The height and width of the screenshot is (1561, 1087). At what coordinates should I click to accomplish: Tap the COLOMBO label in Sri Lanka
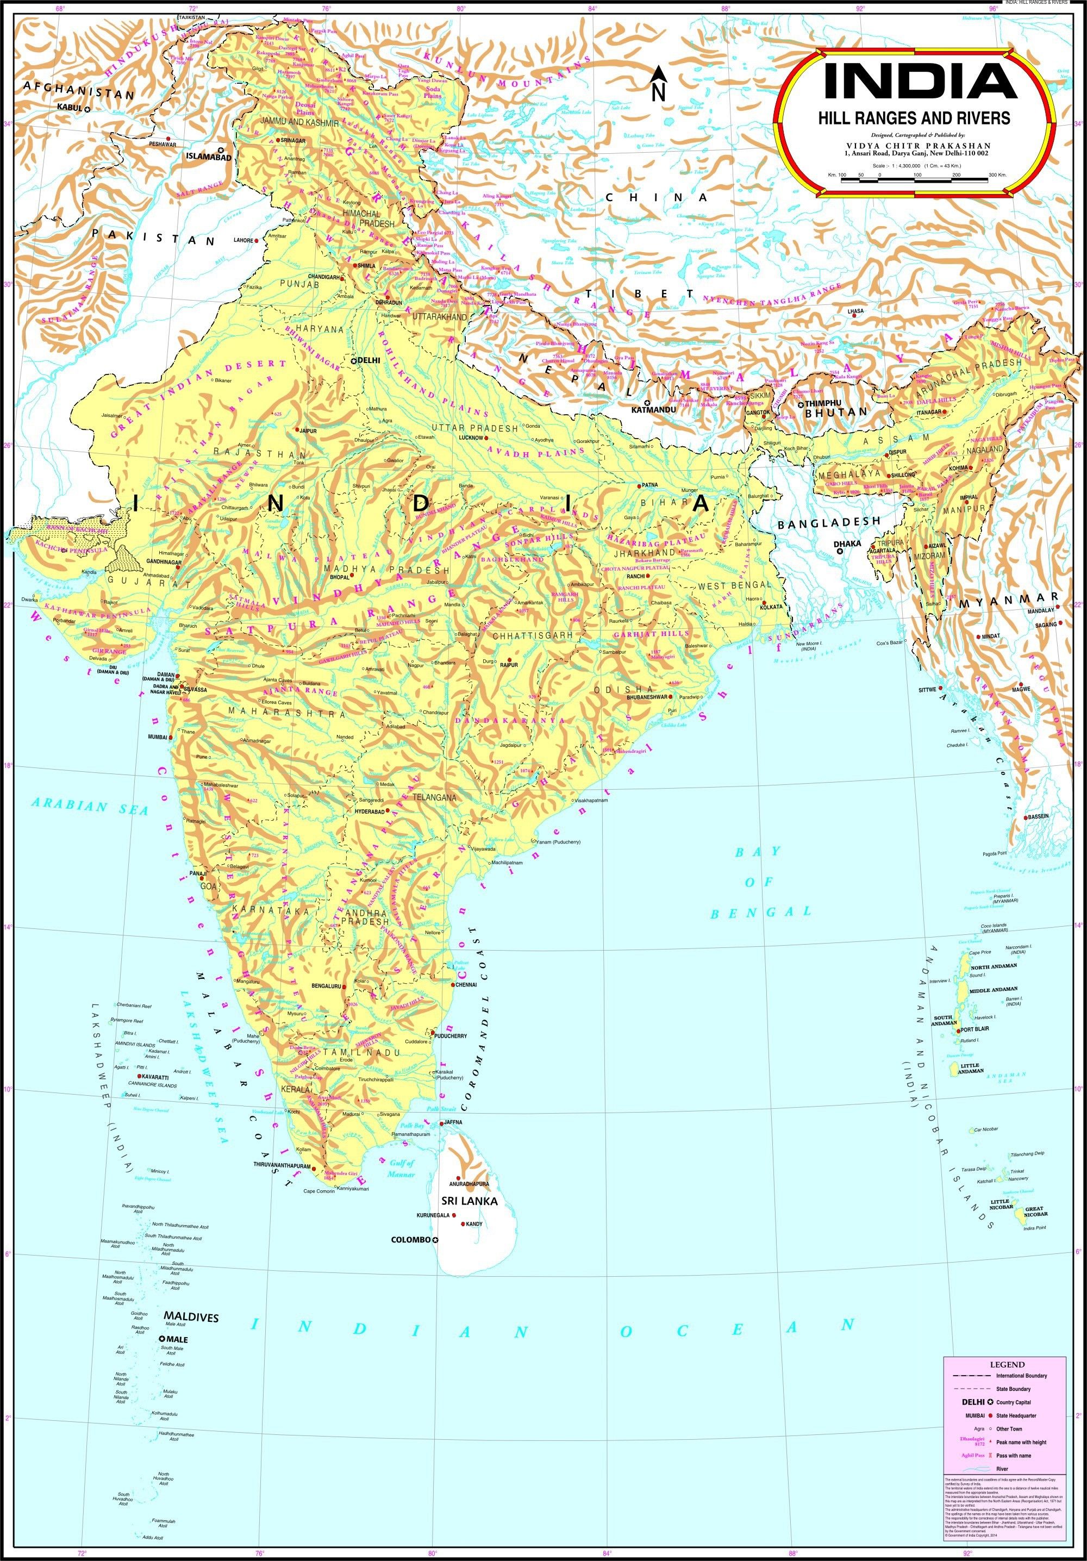pyautogui.click(x=410, y=1239)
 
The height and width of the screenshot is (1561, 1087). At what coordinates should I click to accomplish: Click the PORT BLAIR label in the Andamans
pyautogui.click(x=975, y=1029)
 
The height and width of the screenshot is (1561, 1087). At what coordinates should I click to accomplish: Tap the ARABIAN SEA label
pyautogui.click(x=89, y=807)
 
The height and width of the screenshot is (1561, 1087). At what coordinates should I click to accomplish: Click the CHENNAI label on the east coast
pyautogui.click(x=467, y=984)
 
